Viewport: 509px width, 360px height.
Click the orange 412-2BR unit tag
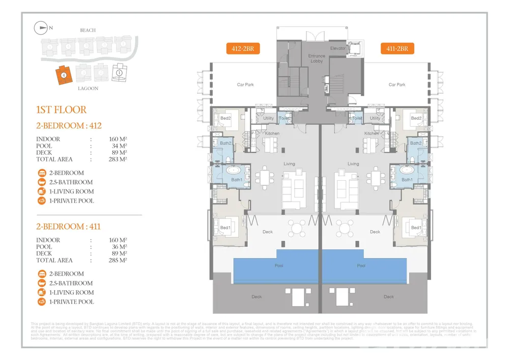[x=243, y=49]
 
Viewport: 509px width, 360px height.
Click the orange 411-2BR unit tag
[x=397, y=49]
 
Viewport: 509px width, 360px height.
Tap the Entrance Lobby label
[x=317, y=58]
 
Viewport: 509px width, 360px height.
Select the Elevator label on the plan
[x=338, y=48]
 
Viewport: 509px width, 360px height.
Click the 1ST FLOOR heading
[x=61, y=109]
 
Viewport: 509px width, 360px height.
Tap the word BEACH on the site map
[x=88, y=31]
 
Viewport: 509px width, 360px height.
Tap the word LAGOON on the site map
[x=88, y=88]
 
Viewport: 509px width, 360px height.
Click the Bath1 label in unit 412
[x=237, y=180]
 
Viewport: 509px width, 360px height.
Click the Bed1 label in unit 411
[x=416, y=227]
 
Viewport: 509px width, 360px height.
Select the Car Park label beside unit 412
[x=245, y=85]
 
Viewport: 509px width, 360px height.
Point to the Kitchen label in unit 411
[x=371, y=133]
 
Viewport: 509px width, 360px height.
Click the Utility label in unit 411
[x=375, y=118]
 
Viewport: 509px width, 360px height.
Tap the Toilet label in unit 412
[x=284, y=118]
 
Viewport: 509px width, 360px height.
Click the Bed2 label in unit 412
[x=225, y=118]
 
